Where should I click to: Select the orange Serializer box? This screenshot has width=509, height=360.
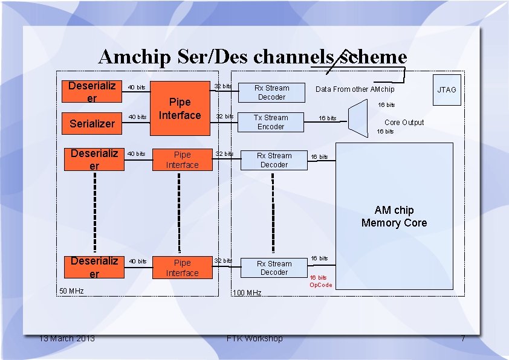(92, 123)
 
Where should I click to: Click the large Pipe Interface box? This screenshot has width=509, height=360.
(180, 109)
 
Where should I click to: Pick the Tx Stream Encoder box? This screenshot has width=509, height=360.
(271, 122)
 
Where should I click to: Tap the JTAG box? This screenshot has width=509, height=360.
(447, 89)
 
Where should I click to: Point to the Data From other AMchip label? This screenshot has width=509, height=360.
(355, 89)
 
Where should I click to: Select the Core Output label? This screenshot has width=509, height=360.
(404, 123)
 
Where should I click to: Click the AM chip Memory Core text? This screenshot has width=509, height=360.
(394, 216)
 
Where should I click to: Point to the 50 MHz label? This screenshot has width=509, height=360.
(71, 291)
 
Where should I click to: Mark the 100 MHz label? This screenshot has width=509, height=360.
(247, 293)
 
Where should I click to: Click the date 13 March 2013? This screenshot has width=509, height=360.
(66, 338)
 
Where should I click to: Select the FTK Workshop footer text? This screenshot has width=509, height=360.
(254, 338)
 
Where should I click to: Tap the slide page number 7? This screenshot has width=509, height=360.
(462, 338)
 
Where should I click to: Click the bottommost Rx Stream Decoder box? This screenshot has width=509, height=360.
(274, 268)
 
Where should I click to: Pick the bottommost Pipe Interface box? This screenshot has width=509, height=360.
(182, 268)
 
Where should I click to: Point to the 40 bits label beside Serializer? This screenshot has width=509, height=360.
(137, 117)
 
